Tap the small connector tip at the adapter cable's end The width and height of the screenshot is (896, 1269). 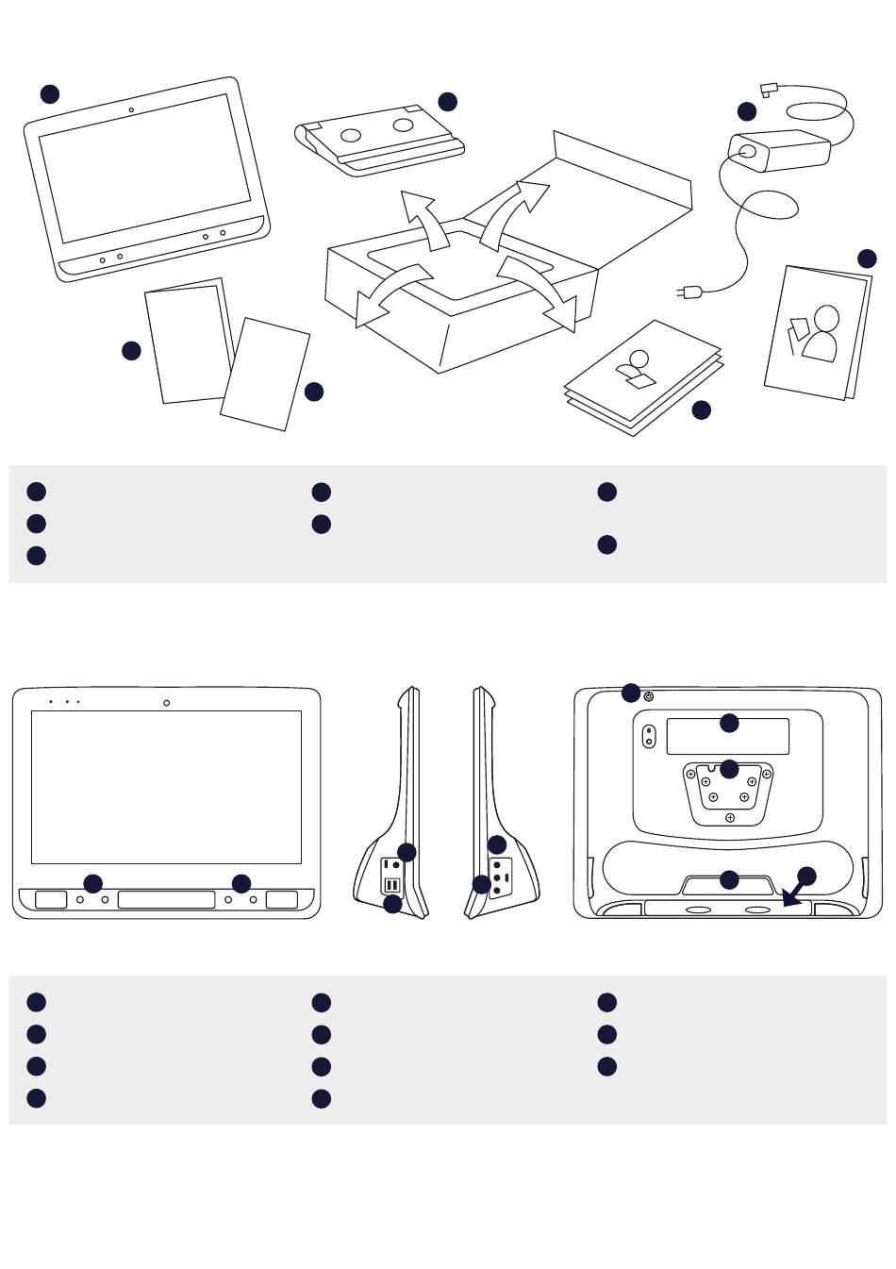pyautogui.click(x=768, y=91)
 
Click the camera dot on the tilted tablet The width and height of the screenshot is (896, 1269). pyautogui.click(x=130, y=110)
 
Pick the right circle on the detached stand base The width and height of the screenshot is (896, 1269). pyautogui.click(x=403, y=125)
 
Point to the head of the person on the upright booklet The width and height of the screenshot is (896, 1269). pyautogui.click(x=826, y=318)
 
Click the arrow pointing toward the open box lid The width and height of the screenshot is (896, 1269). pyautogui.click(x=514, y=213)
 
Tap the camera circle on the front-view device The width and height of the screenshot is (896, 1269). pyautogui.click(x=166, y=702)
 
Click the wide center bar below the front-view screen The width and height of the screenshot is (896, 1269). pyautogui.click(x=166, y=899)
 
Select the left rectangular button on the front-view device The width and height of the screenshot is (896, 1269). pyautogui.click(x=51, y=899)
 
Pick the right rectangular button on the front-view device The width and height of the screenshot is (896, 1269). pyautogui.click(x=282, y=899)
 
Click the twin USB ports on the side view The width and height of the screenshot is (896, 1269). pyautogui.click(x=391, y=885)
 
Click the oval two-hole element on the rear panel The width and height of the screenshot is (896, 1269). pyautogui.click(x=649, y=735)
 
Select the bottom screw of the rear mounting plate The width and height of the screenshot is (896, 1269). pyautogui.click(x=729, y=818)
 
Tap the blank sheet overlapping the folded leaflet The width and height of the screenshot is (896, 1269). pyautogui.click(x=265, y=375)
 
